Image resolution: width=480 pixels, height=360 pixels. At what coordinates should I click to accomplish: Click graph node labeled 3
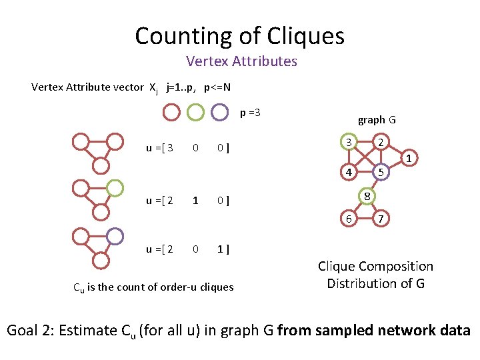pos(348,143)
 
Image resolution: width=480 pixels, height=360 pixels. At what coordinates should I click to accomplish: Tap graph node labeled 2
pos(379,143)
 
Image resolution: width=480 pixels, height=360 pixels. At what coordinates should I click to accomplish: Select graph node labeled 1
pos(408,158)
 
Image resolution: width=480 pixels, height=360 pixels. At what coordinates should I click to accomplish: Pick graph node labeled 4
pos(348,172)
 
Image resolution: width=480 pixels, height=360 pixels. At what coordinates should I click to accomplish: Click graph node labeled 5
pos(379,172)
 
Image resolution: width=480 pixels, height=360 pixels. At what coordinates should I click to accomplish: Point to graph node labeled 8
pos(366,195)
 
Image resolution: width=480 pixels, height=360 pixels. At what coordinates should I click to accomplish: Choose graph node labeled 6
pos(348,219)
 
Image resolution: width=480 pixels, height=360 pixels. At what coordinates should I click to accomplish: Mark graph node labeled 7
pos(379,219)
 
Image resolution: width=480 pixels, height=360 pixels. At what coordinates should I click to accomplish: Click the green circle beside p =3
pos(195,111)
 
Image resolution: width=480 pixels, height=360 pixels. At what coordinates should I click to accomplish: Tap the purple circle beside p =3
pos(219,111)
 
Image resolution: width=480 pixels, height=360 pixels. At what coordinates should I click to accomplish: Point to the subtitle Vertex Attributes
pos(241,61)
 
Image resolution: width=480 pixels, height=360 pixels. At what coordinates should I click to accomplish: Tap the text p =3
pos(250,112)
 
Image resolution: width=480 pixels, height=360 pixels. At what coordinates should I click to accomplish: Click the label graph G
pos(377,120)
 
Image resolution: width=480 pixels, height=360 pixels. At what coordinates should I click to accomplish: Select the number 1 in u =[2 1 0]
pos(195,200)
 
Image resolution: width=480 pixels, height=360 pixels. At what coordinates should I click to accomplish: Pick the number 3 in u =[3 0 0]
pos(171,147)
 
